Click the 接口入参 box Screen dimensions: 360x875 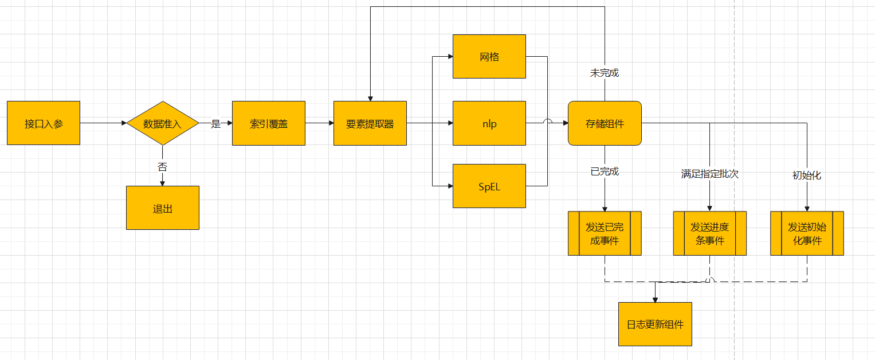point(44,123)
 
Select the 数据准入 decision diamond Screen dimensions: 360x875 point(163,123)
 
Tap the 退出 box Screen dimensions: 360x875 point(163,208)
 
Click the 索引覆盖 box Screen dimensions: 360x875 point(269,123)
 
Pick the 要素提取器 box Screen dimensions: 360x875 point(370,123)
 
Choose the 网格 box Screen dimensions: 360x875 point(489,56)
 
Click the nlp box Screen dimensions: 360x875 point(489,123)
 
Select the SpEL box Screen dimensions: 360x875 point(489,186)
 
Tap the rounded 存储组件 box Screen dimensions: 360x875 point(605,123)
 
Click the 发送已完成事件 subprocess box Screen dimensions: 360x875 point(605,233)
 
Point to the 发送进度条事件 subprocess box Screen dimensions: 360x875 point(710,233)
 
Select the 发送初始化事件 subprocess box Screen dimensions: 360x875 point(807,233)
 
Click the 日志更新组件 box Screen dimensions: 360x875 point(655,324)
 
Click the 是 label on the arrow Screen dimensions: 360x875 point(215,124)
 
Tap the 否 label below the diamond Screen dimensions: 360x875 point(163,167)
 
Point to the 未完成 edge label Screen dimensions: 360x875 point(605,73)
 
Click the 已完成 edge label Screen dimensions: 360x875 point(605,171)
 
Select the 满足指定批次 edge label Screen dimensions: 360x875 point(710,174)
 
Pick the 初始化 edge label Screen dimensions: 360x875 point(807,175)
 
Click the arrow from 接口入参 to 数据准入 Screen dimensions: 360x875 point(103,123)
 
